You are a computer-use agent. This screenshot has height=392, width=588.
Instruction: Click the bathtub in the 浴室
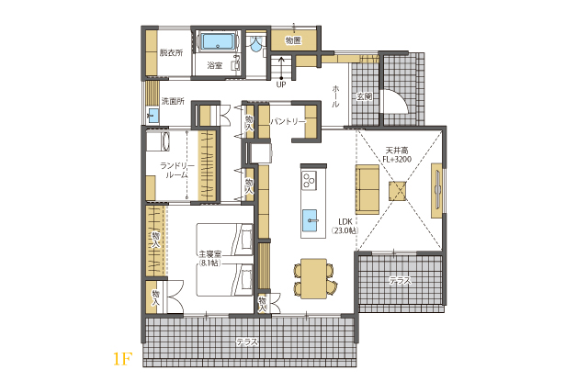(x=219, y=40)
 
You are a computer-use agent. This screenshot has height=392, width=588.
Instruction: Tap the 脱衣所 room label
(x=172, y=52)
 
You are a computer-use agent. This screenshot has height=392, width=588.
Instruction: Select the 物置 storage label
(x=293, y=40)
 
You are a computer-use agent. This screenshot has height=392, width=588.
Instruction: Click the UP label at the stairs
(x=281, y=84)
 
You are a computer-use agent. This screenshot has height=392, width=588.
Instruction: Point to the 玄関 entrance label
(x=364, y=96)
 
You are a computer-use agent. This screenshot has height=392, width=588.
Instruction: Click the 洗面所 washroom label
(x=173, y=101)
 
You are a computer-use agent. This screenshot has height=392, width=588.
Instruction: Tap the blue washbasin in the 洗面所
(x=153, y=116)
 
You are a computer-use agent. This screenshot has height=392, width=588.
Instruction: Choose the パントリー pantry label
(x=288, y=121)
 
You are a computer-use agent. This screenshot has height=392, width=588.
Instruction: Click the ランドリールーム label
(x=177, y=170)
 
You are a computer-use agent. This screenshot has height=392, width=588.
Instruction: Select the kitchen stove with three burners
(x=310, y=181)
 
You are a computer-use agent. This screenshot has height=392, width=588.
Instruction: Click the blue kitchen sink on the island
(x=311, y=220)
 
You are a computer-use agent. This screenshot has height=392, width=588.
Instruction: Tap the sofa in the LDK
(x=367, y=189)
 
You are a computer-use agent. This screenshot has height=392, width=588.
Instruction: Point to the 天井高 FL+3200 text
(x=397, y=155)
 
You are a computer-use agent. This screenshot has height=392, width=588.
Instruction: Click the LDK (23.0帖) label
(x=345, y=226)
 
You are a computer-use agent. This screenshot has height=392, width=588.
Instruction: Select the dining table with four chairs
(x=313, y=278)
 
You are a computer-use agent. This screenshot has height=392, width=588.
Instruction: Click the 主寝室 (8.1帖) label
(x=210, y=259)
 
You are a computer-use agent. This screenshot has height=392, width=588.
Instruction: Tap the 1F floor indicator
(x=122, y=359)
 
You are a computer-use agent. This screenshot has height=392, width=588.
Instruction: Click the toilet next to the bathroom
(x=256, y=45)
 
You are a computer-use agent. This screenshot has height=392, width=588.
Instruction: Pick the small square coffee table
(x=398, y=191)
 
